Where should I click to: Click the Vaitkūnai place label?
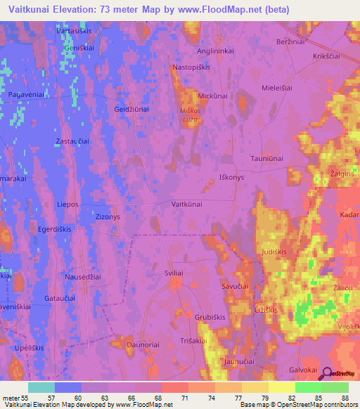tap(187, 203)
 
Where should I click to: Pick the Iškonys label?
tap(231, 178)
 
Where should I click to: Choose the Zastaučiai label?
tap(72, 141)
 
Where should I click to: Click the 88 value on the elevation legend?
tap(345, 398)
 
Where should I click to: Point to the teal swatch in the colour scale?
tap(41, 387)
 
